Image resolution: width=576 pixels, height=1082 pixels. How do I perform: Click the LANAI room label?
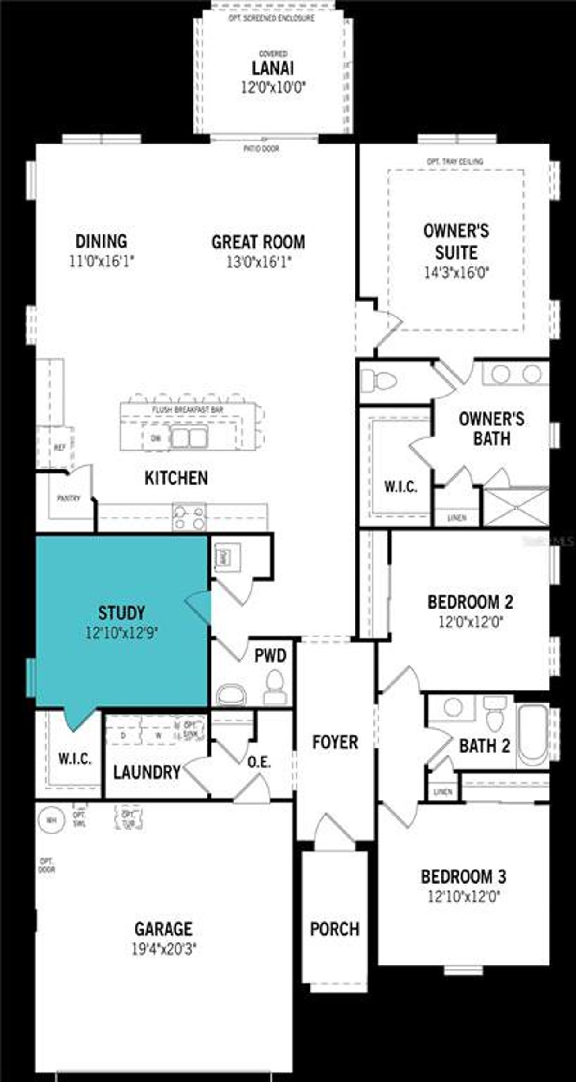click(x=273, y=68)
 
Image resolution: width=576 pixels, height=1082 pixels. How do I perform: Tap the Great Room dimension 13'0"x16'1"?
click(x=259, y=262)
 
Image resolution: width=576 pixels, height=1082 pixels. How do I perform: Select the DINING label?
click(x=101, y=241)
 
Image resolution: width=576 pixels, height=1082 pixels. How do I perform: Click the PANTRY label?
click(x=68, y=498)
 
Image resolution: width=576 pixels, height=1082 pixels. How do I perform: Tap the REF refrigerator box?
click(x=60, y=447)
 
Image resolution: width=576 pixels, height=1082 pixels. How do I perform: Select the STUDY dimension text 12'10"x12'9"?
click(x=122, y=633)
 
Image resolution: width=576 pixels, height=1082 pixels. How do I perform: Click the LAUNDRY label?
click(x=147, y=772)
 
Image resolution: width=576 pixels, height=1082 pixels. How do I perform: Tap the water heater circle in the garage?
click(x=52, y=820)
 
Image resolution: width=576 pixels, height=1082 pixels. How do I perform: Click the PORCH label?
click(x=335, y=929)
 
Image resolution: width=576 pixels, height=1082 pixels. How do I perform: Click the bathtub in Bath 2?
click(x=532, y=735)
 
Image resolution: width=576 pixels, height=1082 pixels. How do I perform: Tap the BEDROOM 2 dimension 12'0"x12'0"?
click(x=470, y=622)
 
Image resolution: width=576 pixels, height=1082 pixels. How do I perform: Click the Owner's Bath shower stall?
click(x=516, y=506)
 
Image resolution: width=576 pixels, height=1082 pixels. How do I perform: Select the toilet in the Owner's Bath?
click(x=378, y=381)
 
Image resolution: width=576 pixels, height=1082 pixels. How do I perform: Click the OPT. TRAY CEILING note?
click(x=455, y=161)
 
